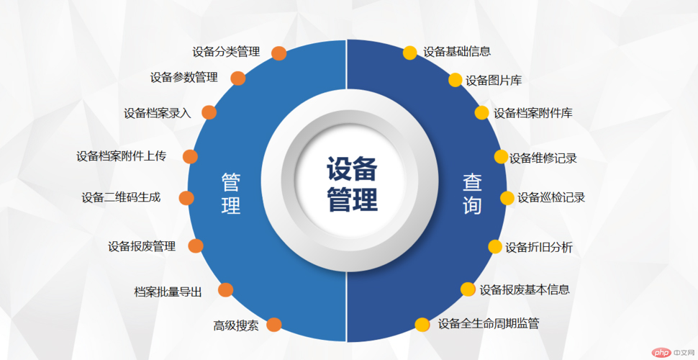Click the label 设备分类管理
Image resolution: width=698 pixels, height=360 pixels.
[x=226, y=52]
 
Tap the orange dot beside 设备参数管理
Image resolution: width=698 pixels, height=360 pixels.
[x=238, y=78]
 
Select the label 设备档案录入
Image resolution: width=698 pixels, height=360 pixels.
[x=158, y=113]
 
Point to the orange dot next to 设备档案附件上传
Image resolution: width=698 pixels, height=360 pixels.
[x=190, y=156]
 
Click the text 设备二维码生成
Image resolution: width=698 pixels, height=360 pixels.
[x=121, y=197]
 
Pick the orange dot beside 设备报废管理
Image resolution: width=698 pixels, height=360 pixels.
[x=196, y=246]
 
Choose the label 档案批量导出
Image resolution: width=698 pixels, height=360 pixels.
[x=168, y=292]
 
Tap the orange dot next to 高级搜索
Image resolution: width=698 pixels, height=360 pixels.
[x=273, y=325]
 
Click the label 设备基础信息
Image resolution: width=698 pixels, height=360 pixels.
[x=457, y=52]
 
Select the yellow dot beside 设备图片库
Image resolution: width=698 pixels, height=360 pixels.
[x=455, y=80]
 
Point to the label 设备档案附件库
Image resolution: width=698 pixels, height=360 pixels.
[x=533, y=113]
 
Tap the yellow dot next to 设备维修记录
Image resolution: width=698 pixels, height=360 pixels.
[x=502, y=156]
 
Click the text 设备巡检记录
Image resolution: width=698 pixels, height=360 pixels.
[x=551, y=198]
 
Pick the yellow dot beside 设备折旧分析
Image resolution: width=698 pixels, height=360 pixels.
[x=495, y=246]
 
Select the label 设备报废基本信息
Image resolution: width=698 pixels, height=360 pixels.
[x=525, y=289]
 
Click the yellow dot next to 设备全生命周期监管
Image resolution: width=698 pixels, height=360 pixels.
[x=422, y=324]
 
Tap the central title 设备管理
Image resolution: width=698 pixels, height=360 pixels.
[x=352, y=184]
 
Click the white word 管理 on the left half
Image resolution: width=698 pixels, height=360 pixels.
[x=231, y=194]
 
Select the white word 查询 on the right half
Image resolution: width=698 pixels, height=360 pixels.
[x=472, y=194]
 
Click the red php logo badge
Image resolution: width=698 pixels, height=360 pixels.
[x=661, y=352]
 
